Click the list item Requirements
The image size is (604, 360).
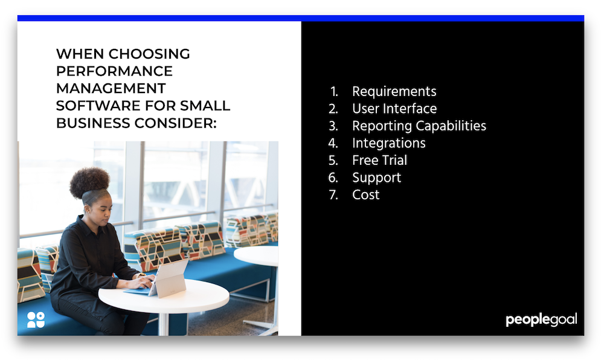pos(394,92)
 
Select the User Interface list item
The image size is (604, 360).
pos(394,109)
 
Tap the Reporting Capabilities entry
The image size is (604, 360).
pos(419,126)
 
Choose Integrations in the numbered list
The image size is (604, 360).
pos(388,143)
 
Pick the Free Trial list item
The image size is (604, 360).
pos(379,161)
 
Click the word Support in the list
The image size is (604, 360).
pos(376,178)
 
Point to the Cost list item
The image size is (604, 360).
pos(365,195)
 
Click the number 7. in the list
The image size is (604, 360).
pos(333,195)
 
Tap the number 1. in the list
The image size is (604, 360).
pos(334,92)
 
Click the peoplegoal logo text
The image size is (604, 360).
pos(541,320)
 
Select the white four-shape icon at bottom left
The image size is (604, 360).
pos(36,320)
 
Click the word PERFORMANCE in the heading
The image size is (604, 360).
pos(114,71)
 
